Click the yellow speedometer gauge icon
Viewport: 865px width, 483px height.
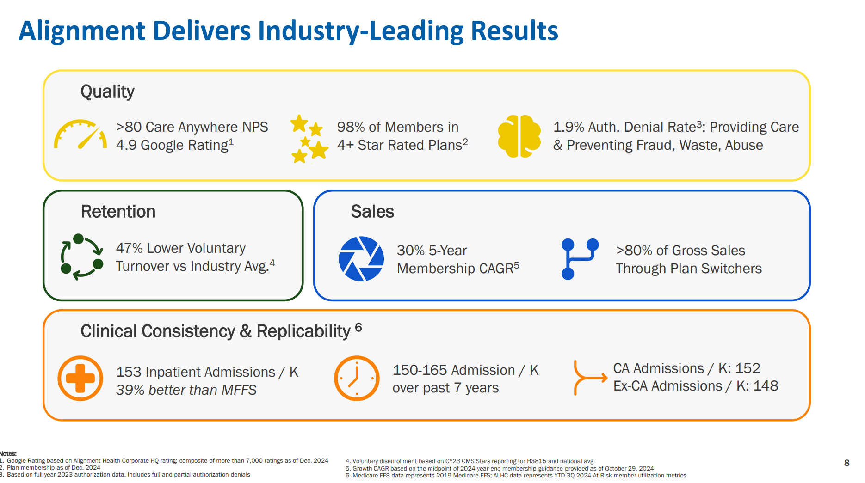coord(80,135)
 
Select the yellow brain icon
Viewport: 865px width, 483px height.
coord(519,136)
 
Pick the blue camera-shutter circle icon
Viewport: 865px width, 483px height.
coord(361,259)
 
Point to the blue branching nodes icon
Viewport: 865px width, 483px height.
coord(579,259)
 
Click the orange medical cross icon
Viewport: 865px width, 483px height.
coord(80,378)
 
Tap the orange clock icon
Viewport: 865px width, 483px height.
coord(357,378)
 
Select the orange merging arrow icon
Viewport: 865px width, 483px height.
coord(589,378)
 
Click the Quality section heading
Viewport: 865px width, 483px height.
coord(107,92)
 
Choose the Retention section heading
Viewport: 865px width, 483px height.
coord(118,212)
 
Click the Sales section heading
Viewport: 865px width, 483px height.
coord(372,212)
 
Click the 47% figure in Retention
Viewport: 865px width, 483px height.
coord(129,248)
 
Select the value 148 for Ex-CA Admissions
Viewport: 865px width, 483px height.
coord(766,386)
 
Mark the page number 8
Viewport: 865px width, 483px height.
coord(846,463)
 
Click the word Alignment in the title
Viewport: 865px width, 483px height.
coord(82,31)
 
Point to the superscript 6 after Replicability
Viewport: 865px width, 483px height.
coord(358,327)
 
